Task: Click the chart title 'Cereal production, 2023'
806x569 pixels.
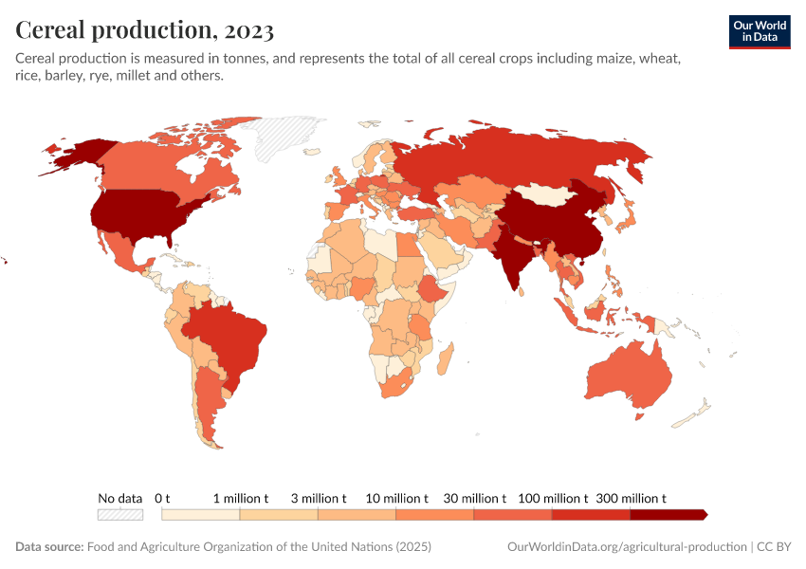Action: [145, 30]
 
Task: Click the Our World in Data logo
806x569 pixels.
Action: [759, 30]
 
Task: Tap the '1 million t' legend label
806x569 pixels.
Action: [240, 498]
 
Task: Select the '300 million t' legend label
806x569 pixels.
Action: [631, 498]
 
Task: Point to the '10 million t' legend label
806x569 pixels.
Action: [396, 498]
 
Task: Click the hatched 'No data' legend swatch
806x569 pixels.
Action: [119, 514]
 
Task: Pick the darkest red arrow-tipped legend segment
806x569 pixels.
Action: [669, 514]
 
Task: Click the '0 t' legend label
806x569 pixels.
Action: [162, 498]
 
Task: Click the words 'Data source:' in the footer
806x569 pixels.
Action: [49, 547]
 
